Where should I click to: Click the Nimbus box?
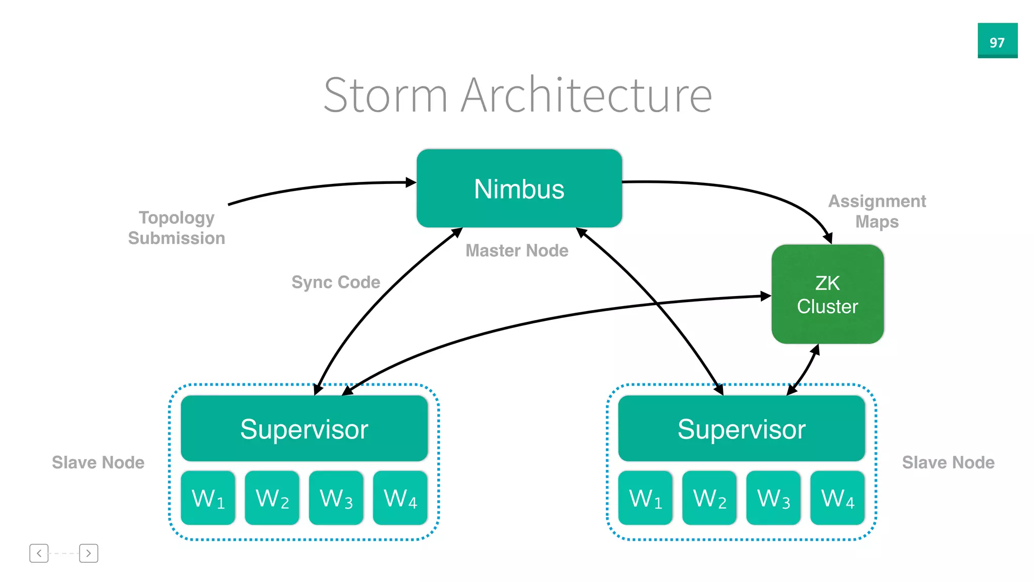pos(519,188)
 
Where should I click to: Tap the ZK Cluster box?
pos(827,294)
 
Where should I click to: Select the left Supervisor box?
pos(304,428)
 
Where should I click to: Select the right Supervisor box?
pos(741,428)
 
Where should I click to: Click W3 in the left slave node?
pos(336,498)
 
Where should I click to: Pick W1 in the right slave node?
pos(645,498)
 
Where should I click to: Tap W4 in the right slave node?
pos(837,498)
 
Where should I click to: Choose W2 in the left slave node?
pos(272,498)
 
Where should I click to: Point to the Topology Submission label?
pos(176,227)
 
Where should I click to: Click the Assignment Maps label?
pos(877,211)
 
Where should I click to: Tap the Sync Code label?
pos(336,282)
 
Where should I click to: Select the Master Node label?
pos(516,251)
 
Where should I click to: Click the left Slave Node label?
pos(98,462)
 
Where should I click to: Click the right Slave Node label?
pos(948,462)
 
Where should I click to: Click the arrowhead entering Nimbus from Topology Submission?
pos(411,182)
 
